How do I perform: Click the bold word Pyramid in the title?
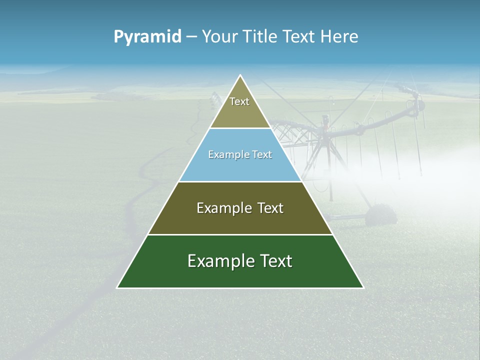coord(147,37)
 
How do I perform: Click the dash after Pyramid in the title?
coord(191,37)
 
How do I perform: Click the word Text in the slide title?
coord(299,37)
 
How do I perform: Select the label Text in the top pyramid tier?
coord(239,101)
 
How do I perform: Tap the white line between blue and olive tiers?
coord(240,181)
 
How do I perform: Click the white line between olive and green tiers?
coord(240,234)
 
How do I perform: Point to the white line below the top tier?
coord(240,128)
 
